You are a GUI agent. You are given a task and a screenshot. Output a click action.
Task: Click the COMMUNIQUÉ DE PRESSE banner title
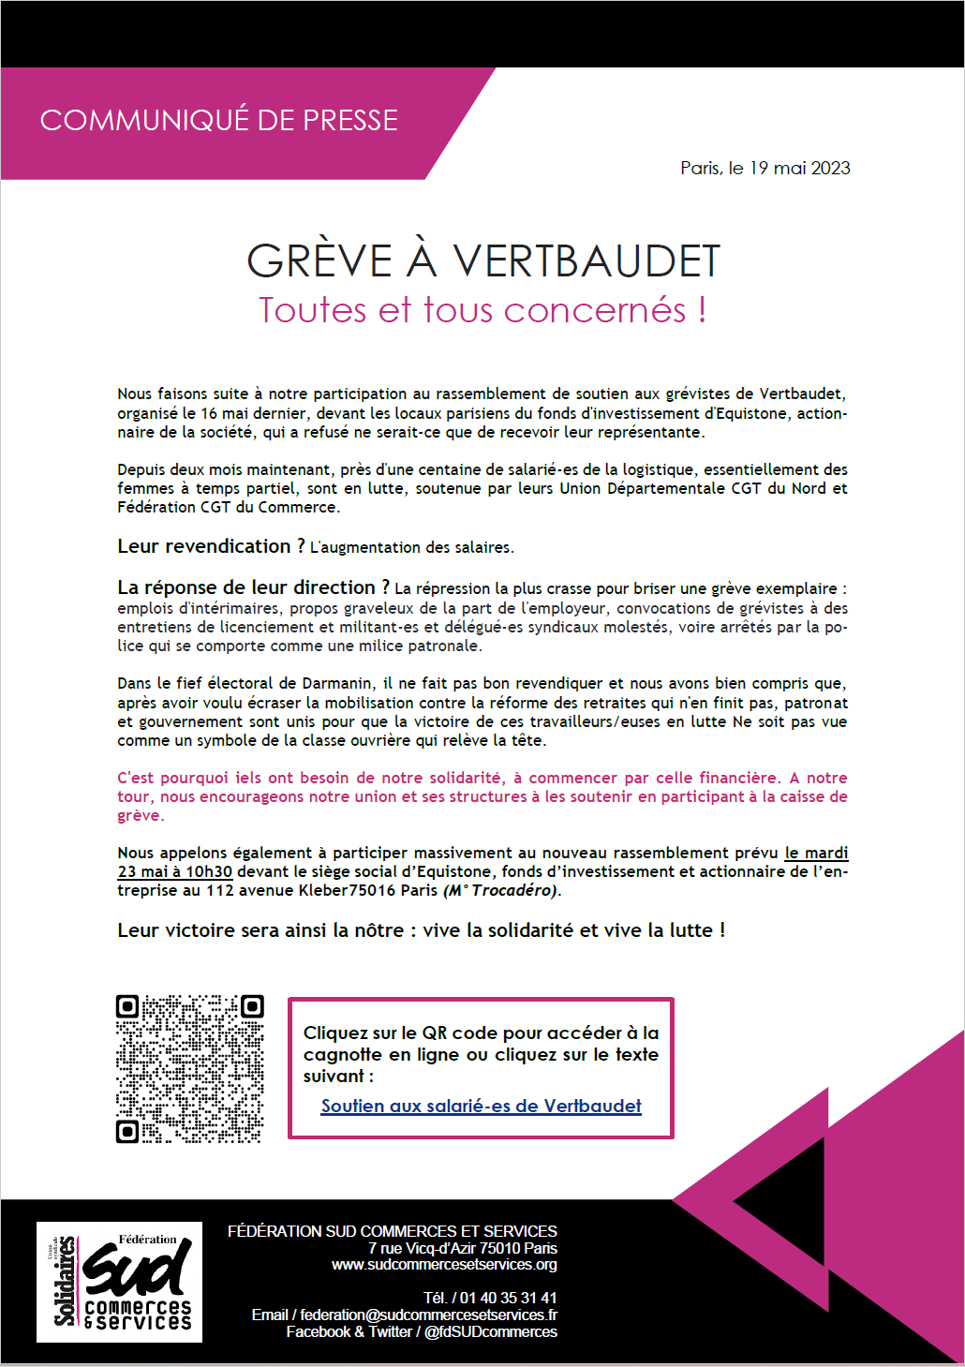[x=218, y=121]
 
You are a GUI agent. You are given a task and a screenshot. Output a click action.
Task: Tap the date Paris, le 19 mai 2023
[x=765, y=169]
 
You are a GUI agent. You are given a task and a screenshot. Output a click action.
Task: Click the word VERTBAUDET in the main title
[x=586, y=261]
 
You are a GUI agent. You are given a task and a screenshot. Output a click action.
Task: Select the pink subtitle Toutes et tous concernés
[x=482, y=310]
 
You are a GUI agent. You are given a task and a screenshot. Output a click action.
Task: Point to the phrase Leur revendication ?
[x=211, y=546]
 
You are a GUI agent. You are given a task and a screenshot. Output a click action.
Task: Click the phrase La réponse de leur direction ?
[x=253, y=587]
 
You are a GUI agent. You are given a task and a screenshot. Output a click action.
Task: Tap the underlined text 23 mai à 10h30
[x=174, y=871]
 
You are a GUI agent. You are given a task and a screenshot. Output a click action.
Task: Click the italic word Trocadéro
[x=514, y=890]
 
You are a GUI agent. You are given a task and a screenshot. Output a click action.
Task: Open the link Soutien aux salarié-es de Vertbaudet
[x=481, y=1106]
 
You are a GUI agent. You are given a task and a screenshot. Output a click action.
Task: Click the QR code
[x=189, y=1069]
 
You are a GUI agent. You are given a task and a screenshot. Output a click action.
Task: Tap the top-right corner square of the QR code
[x=252, y=1006]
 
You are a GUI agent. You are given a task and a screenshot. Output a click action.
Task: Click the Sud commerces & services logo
[x=120, y=1282]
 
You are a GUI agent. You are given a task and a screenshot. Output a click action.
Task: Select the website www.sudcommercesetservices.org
[x=444, y=1265]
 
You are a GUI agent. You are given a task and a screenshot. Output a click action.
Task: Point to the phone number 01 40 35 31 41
[x=508, y=1298]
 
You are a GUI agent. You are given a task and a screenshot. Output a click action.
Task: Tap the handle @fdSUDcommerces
[x=490, y=1331]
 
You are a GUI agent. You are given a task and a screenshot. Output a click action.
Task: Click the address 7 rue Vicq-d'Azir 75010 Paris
[x=463, y=1248]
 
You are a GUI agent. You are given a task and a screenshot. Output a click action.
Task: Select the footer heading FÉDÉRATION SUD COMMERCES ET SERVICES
[x=392, y=1231]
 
